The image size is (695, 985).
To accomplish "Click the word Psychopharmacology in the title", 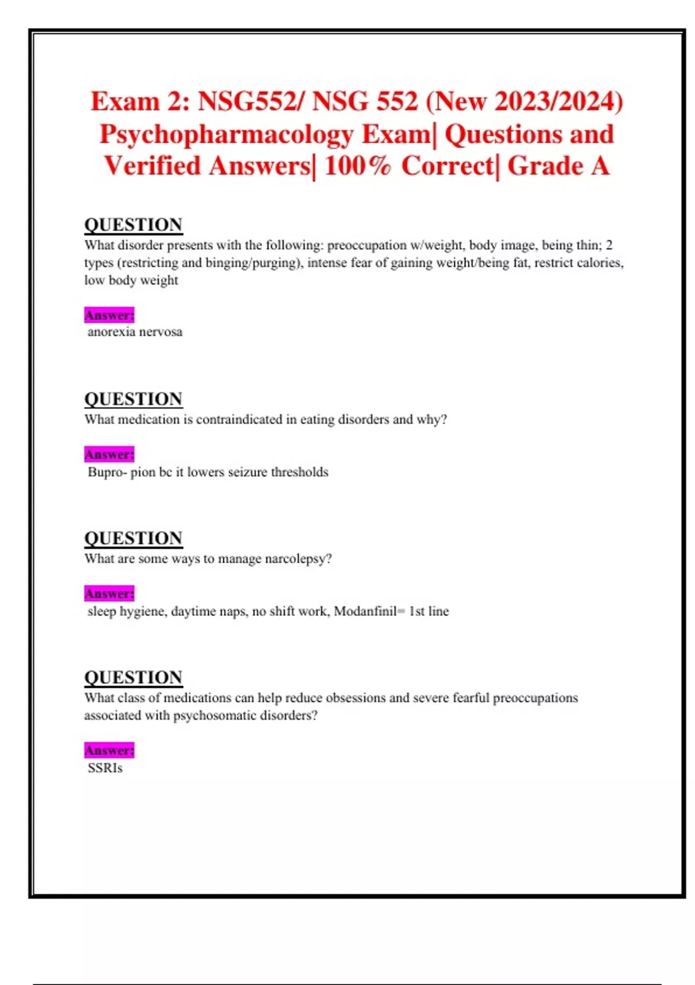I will tap(226, 134).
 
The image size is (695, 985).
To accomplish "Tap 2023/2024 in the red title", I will tap(553, 101).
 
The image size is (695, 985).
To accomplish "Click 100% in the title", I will tap(357, 166).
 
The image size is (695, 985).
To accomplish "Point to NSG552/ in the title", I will tap(250, 101).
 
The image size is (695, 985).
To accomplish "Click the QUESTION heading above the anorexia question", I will tap(133, 224).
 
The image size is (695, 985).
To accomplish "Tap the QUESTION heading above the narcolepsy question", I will tap(133, 538).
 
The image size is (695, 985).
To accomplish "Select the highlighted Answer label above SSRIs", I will tap(109, 750).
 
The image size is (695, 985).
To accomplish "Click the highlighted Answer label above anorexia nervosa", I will tap(109, 315).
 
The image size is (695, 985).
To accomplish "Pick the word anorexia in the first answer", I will tap(111, 332).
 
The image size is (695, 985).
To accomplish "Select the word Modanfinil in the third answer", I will tap(365, 611).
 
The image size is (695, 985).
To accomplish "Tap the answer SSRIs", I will tap(105, 768).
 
